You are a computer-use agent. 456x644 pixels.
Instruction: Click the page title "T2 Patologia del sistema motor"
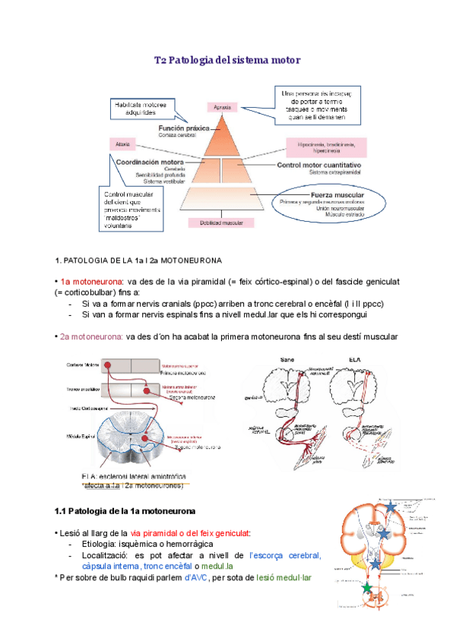(x=228, y=59)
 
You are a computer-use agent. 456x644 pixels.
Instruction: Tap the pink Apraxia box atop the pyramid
(x=222, y=107)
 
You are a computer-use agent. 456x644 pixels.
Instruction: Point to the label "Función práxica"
(x=184, y=128)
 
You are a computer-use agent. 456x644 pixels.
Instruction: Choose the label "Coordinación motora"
(x=150, y=162)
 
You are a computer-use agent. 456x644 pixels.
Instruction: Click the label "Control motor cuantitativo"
(x=318, y=164)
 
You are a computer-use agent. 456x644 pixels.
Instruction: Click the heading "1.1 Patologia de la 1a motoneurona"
(x=125, y=509)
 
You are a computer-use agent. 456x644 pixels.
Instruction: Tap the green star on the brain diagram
(x=367, y=589)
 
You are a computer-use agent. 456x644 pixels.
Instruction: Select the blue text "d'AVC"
(x=200, y=578)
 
